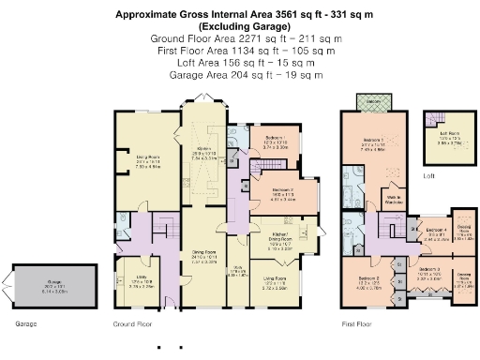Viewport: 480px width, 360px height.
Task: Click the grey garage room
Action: tap(61, 283)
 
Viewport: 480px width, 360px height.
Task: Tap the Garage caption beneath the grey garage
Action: tap(26, 324)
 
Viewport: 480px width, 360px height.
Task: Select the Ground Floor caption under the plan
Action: tap(133, 324)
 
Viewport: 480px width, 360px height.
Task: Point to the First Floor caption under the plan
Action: tap(357, 324)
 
